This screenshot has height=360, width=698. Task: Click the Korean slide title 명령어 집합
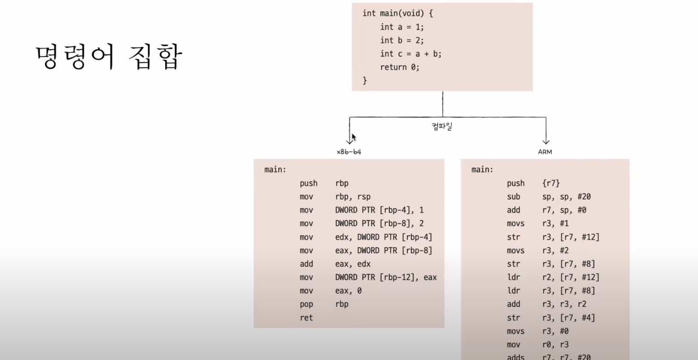coord(109,57)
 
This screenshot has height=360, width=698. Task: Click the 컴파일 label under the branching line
coord(442,127)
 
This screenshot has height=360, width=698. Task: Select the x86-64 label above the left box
coord(349,152)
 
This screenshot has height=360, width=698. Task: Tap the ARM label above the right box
coord(545,152)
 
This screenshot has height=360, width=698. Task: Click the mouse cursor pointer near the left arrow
coord(354,137)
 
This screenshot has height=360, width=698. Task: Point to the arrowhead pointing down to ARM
coord(546,141)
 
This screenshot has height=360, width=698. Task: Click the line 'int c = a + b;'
coord(410,54)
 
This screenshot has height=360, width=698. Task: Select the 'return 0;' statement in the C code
coord(399,67)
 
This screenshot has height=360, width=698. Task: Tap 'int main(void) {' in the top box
coord(398,13)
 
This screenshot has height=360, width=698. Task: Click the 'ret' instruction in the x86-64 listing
coord(306,318)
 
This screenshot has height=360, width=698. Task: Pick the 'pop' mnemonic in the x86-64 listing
coord(306,304)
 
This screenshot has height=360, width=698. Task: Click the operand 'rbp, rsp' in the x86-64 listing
coord(353,197)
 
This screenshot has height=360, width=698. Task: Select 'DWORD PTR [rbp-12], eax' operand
coord(386,277)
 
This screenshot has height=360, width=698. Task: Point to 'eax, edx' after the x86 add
coord(353,264)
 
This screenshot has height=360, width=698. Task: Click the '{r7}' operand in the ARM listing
coord(551,183)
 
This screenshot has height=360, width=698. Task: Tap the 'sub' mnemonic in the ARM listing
coord(514,197)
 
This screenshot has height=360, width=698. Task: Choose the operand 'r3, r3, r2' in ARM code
coord(564,304)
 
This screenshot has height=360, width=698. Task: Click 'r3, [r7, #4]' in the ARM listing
coord(568,318)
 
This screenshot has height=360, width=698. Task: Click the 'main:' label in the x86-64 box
coord(275,170)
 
